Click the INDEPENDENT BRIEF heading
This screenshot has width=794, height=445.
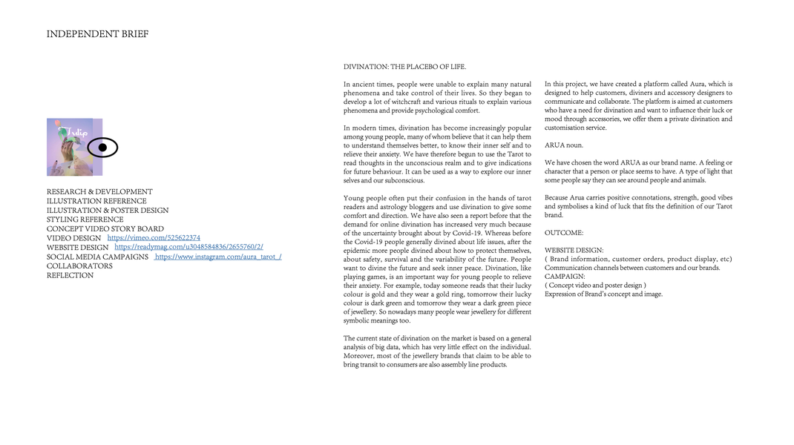click(97, 34)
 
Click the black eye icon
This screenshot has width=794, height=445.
click(102, 148)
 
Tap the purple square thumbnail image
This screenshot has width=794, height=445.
click(71, 147)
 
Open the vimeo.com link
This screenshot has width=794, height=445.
click(154, 238)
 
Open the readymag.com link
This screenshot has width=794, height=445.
click(188, 247)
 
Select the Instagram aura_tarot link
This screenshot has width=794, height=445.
click(217, 257)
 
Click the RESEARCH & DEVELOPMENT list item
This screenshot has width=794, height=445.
click(99, 191)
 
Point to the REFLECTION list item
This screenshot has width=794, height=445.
click(70, 275)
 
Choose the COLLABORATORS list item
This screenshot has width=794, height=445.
click(79, 266)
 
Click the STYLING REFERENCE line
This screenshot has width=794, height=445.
click(85, 220)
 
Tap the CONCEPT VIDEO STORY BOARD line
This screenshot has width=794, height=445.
click(105, 228)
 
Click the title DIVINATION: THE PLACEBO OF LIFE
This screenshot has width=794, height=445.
click(404, 67)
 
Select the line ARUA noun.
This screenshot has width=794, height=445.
click(563, 145)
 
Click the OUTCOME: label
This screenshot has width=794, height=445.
click(564, 233)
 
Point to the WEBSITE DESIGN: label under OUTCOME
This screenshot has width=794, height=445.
click(574, 250)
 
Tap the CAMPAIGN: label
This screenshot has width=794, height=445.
click(565, 276)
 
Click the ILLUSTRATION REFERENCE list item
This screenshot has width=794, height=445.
click(96, 201)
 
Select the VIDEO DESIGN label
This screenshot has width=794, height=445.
click(73, 238)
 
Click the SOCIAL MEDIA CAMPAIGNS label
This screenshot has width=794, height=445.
click(97, 257)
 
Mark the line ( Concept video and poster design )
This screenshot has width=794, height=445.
click(595, 285)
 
